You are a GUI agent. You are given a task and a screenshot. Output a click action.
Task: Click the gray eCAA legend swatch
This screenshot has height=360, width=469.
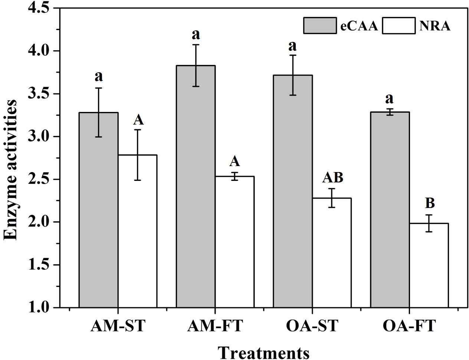[320, 26]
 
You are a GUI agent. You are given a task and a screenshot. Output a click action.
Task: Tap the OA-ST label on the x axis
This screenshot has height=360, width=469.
[312, 327]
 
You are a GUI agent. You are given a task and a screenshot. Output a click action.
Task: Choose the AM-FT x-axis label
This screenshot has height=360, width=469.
[215, 327]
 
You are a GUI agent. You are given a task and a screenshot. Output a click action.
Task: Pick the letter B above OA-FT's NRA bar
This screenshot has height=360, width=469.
[429, 204]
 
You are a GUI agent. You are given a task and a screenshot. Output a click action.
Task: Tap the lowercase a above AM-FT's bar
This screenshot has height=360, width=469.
[196, 34]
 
